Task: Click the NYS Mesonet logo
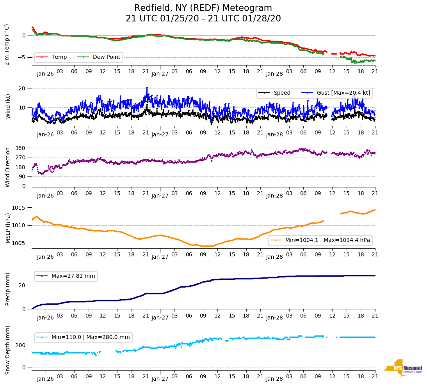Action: (x=404, y=368)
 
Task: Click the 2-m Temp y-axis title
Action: (x=7, y=44)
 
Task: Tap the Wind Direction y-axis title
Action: (x=7, y=167)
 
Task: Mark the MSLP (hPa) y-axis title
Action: (x=7, y=228)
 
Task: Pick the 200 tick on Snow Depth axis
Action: (x=21, y=345)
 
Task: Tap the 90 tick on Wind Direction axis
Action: (x=22, y=176)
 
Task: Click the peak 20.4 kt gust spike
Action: (x=147, y=88)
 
